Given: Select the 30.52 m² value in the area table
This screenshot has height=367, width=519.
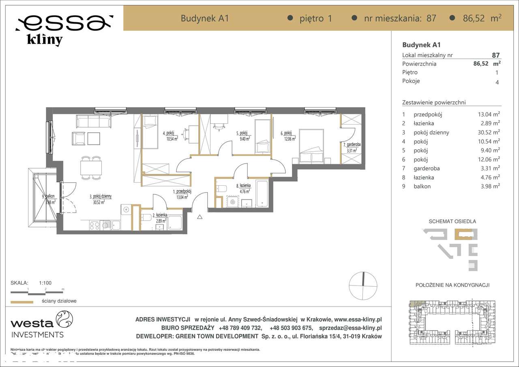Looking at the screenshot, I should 489,133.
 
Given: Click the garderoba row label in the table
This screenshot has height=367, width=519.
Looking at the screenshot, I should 426,168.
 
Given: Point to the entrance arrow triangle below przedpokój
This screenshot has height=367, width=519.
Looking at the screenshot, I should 199,217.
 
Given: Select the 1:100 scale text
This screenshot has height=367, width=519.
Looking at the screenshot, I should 45,283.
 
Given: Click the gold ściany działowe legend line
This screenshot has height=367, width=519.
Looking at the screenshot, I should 21,302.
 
